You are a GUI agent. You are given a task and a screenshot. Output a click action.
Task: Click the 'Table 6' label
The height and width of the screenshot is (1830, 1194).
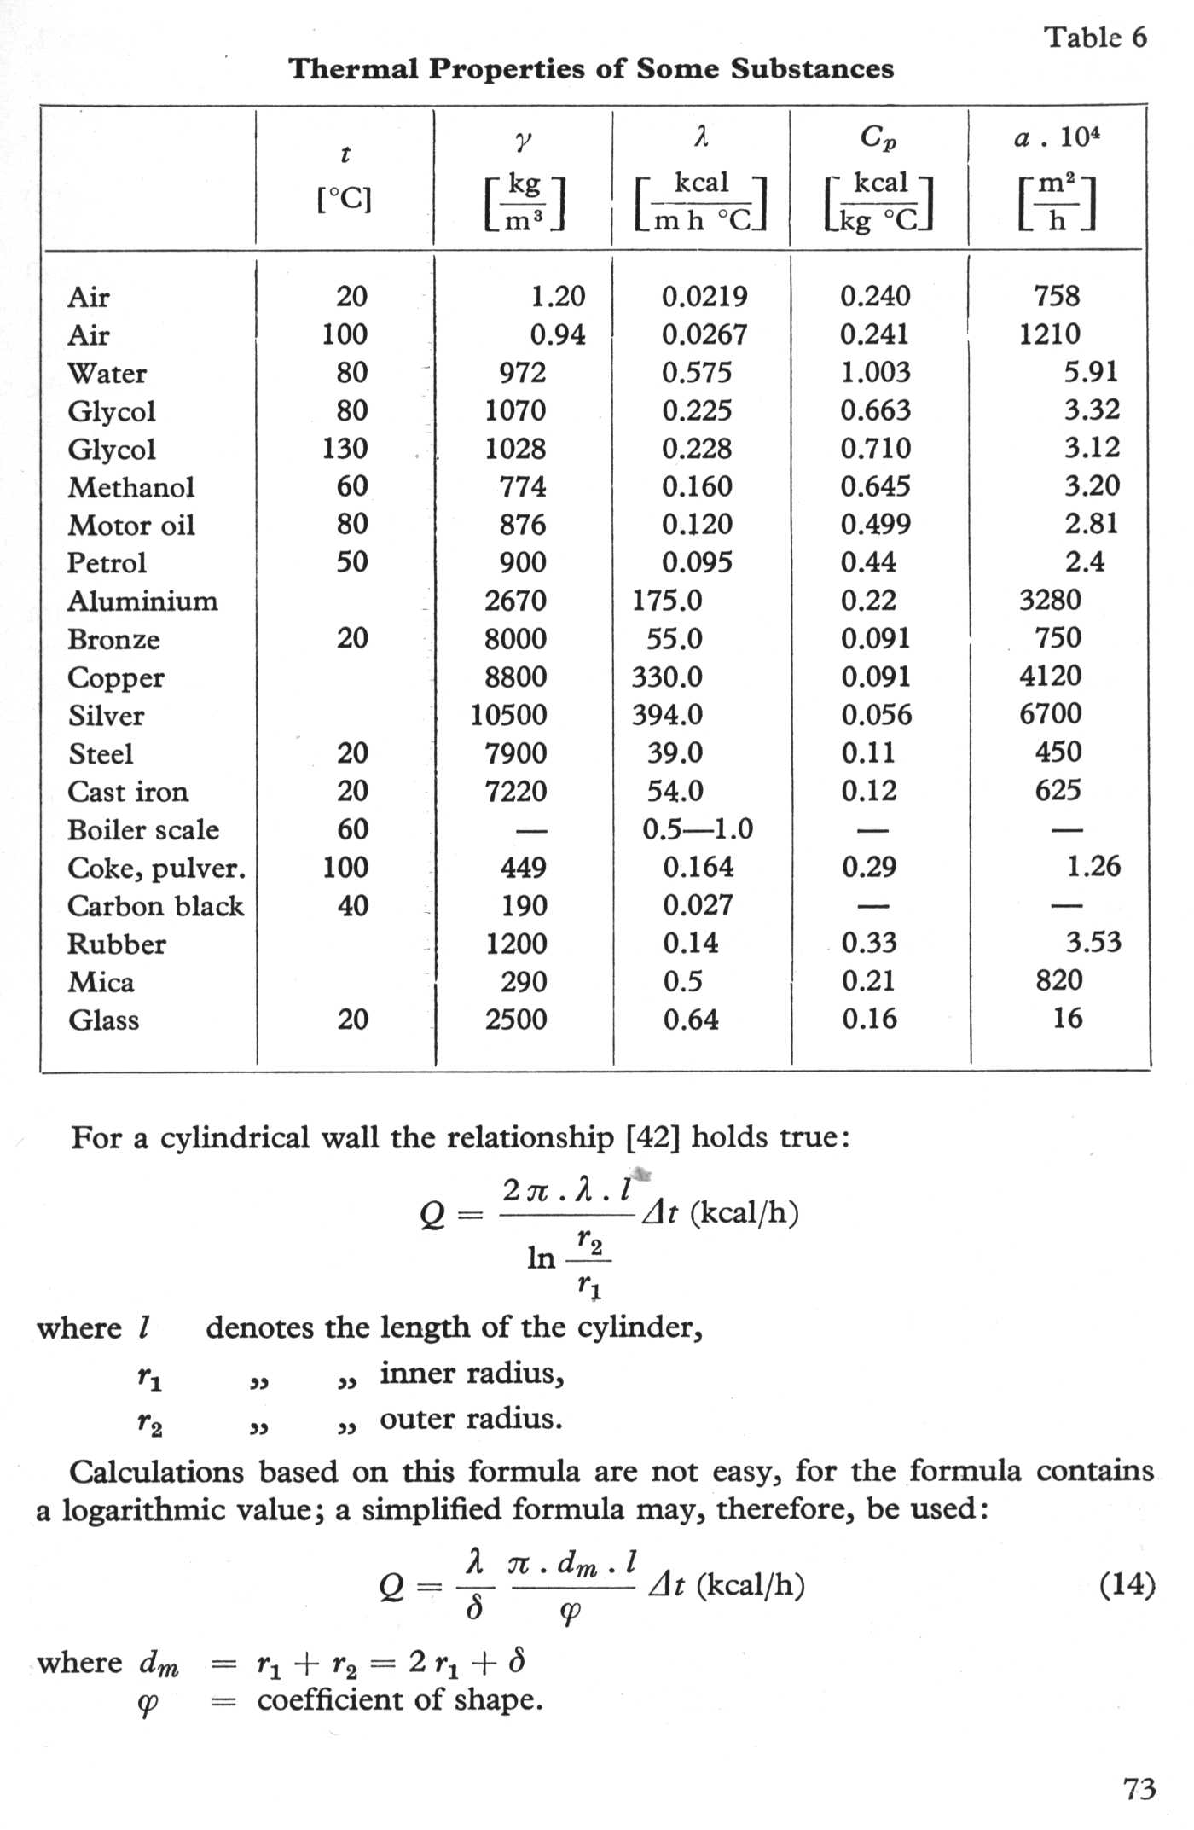(1096, 38)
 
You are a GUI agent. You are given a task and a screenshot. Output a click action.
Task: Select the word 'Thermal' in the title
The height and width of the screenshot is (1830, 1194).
(352, 69)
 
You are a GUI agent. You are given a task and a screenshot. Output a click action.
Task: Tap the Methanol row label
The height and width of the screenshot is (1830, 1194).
(131, 487)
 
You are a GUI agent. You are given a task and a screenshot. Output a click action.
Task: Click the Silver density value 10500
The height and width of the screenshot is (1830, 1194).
(508, 715)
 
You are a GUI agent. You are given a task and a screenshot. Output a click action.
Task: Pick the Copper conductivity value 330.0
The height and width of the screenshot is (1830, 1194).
(667, 677)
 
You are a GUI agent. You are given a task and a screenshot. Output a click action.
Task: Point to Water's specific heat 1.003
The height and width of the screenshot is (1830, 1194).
(875, 373)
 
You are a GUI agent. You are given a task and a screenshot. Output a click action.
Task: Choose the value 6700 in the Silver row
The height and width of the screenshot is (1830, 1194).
(1050, 714)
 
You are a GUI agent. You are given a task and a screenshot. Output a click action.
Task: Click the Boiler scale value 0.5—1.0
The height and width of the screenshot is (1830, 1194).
(698, 829)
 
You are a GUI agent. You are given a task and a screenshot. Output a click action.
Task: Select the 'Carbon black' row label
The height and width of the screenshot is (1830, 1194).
(155, 905)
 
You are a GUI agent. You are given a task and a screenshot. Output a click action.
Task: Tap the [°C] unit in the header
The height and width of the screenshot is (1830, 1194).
(344, 200)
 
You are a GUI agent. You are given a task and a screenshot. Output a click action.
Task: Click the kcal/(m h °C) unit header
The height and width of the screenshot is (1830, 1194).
(701, 203)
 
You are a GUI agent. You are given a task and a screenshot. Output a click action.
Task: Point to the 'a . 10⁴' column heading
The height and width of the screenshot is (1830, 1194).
(1056, 138)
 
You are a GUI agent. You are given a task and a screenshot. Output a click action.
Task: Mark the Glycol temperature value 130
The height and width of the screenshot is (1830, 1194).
(345, 449)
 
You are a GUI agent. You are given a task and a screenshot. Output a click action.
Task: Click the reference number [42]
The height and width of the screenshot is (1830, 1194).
(652, 1137)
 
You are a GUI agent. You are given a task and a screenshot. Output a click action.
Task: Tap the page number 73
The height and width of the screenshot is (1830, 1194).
(1139, 1788)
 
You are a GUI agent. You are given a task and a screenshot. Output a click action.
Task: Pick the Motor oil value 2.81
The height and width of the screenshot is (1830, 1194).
(1091, 524)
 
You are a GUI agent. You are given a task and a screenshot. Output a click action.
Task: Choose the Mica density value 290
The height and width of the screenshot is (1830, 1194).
(524, 982)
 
